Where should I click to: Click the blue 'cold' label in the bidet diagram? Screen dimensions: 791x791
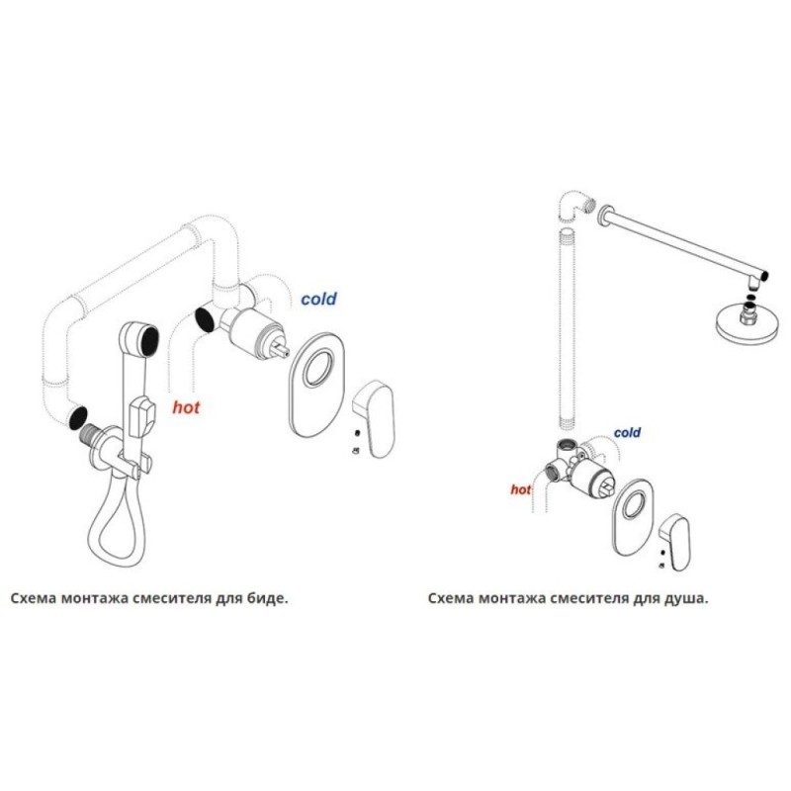pyautogui.click(x=318, y=299)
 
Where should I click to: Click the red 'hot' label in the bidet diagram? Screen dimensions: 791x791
pyautogui.click(x=186, y=407)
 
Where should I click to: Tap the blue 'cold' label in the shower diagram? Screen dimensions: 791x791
pyautogui.click(x=627, y=432)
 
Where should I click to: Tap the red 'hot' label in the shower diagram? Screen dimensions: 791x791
pyautogui.click(x=521, y=489)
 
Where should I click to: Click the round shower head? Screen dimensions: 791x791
pyautogui.click(x=745, y=325)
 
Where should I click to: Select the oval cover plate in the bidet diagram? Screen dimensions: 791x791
pyautogui.click(x=316, y=386)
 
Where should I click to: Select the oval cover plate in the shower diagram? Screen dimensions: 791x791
pyautogui.click(x=633, y=517)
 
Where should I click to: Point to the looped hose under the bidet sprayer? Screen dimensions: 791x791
pyautogui.click(x=117, y=525)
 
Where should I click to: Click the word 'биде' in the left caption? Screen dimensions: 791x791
pyautogui.click(x=269, y=599)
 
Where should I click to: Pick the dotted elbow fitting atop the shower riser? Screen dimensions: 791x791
pyautogui.click(x=575, y=206)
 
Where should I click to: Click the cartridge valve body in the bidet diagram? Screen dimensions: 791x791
pyautogui.click(x=251, y=329)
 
